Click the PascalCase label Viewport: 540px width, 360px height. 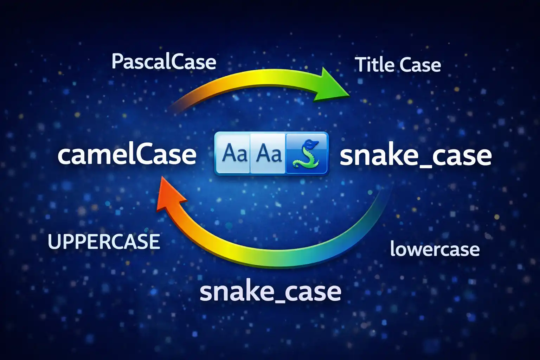[164, 62]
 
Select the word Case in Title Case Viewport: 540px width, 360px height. [420, 65]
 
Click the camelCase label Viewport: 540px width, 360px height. [127, 155]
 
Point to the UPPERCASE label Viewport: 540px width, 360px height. [104, 242]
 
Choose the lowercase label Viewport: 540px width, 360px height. [435, 249]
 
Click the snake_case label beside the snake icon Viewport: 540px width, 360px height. [416, 156]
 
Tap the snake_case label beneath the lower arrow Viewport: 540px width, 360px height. [270, 292]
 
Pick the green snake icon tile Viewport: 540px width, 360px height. [307, 153]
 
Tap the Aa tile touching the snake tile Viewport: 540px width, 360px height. [269, 153]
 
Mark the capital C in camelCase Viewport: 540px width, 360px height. [137, 155]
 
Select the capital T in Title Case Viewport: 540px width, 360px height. [360, 65]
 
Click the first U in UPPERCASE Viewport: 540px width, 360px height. [53, 242]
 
